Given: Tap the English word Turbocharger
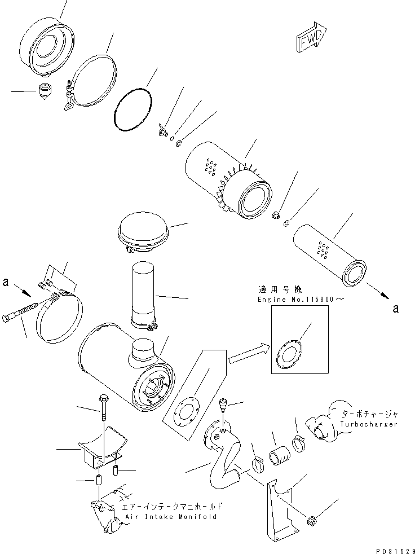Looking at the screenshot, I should point(369,424).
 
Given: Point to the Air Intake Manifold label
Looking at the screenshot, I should point(169,516).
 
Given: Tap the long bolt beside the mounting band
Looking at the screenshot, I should point(23,313).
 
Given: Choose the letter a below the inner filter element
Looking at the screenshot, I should point(396,308).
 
